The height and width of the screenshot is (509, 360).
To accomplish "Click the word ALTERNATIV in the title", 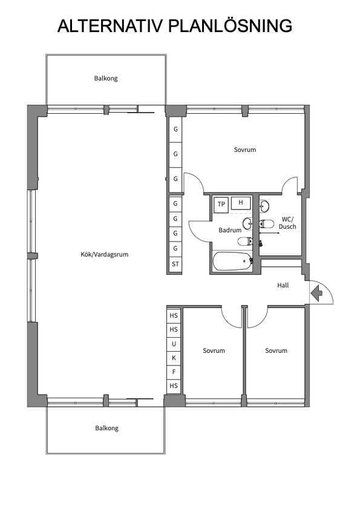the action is (110, 26).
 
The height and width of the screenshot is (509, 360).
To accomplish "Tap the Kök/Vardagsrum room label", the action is (104, 254).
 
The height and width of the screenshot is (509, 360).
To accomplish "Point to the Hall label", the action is (283, 285).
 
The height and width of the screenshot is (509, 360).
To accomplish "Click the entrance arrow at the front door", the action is (316, 292).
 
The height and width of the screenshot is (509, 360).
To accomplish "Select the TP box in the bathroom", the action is (221, 204).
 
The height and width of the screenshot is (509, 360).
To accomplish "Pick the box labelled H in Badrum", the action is (241, 203).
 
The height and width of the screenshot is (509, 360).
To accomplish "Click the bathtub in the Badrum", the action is (232, 261).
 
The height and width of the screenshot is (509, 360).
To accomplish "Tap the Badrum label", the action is (230, 230).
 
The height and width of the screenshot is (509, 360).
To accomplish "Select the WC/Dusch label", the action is (287, 223).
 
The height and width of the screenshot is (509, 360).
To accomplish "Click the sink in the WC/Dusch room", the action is (264, 206).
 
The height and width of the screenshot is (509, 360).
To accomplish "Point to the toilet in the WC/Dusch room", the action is (266, 224).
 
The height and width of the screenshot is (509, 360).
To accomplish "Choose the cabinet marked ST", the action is (175, 264).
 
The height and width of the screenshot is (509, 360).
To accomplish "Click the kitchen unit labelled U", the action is (174, 344).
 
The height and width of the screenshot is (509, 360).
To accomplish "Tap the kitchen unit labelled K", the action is (174, 358).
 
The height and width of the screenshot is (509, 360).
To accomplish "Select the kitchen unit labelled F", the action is (174, 372).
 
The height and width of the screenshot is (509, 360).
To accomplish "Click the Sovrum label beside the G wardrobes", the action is (245, 149).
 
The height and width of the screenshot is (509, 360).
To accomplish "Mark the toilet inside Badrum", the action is (245, 241).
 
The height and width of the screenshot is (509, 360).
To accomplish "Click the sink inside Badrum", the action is (247, 223).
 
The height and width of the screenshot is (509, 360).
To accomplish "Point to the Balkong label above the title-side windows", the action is (106, 78).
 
